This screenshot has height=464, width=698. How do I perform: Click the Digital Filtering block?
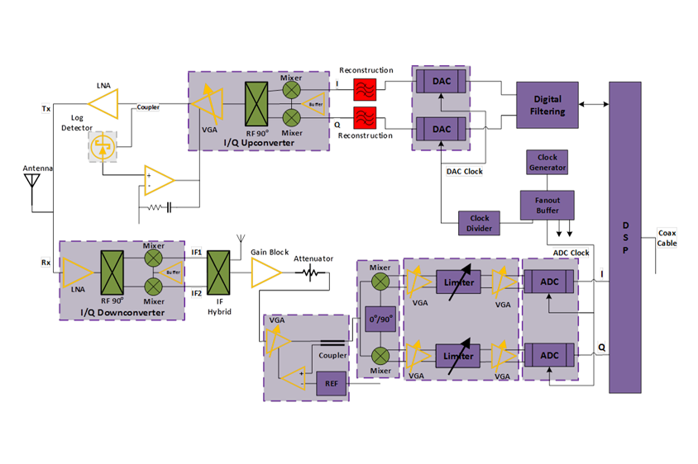pyautogui.click(x=547, y=105)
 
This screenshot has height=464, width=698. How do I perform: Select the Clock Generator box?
pyautogui.click(x=547, y=162)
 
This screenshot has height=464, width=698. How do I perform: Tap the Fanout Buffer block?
pyautogui.click(x=547, y=205)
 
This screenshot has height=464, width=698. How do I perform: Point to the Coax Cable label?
pyautogui.click(x=667, y=238)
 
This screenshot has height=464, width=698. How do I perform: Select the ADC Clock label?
pyautogui.click(x=571, y=253)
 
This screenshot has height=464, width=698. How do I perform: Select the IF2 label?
pyautogui.click(x=196, y=292)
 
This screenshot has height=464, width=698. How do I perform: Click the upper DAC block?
pyautogui.click(x=442, y=83)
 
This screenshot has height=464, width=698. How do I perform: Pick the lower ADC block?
pyautogui.click(x=549, y=355)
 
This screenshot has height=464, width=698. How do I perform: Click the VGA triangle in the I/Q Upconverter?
pyautogui.click(x=213, y=106)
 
